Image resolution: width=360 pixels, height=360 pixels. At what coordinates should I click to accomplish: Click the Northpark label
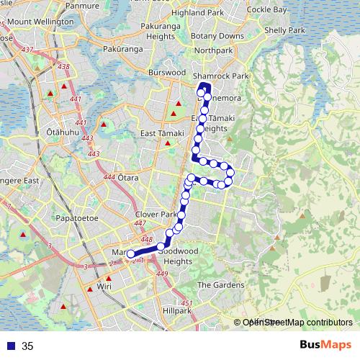[213, 50]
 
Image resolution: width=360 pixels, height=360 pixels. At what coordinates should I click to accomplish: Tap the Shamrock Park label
[220, 76]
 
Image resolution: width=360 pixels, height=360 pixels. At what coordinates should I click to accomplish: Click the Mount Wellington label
[40, 22]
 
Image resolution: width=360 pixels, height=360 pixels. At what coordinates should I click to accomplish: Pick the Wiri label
[104, 287]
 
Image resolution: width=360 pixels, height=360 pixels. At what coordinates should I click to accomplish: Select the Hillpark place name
[177, 310]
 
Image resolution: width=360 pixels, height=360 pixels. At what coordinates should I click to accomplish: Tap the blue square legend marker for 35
[12, 346]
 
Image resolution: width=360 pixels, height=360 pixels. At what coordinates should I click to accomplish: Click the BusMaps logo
[321, 346]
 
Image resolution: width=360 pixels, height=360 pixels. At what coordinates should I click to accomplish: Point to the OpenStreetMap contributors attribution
[297, 323]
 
